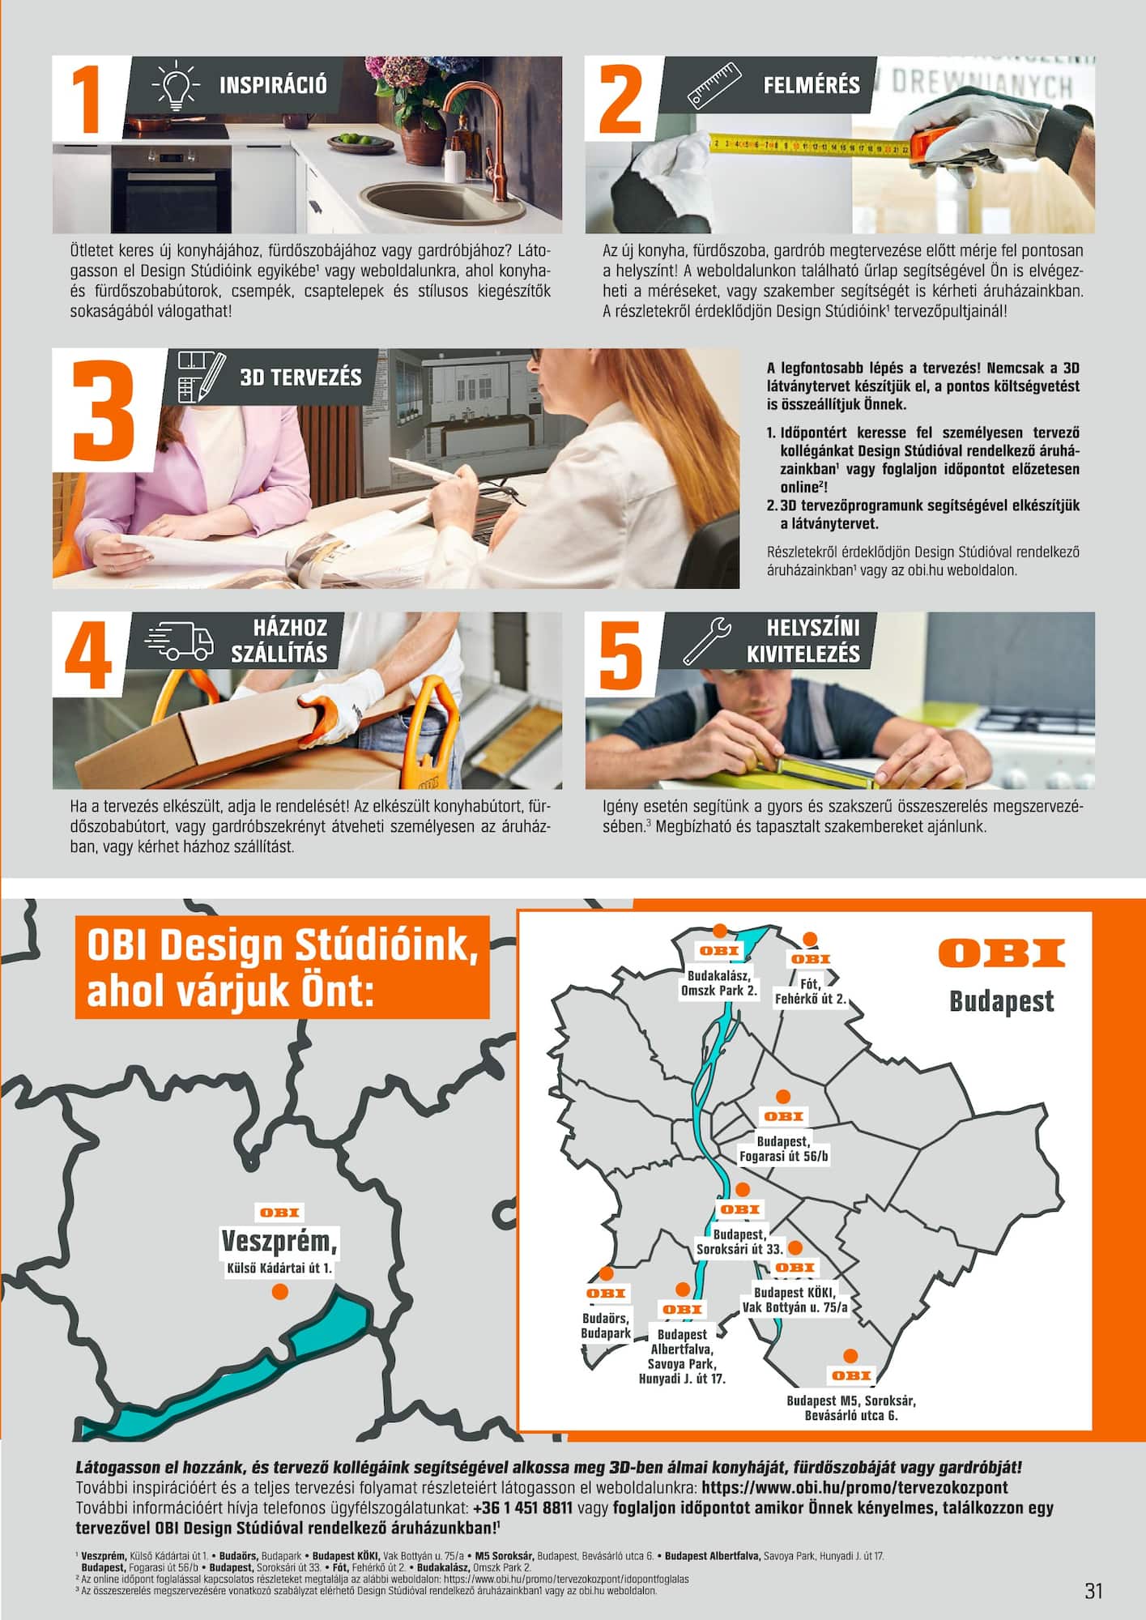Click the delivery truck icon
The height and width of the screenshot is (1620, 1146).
click(179, 641)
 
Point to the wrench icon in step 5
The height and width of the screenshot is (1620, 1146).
click(707, 641)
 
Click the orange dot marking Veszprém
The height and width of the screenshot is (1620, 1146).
click(279, 1314)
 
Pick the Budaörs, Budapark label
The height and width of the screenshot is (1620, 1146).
click(606, 1349)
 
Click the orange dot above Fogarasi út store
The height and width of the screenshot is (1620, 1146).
click(782, 1097)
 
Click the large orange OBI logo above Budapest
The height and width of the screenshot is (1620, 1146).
click(1002, 953)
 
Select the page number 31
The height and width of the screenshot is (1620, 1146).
click(1093, 1591)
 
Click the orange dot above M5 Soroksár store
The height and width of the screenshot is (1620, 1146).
click(850, 1356)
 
